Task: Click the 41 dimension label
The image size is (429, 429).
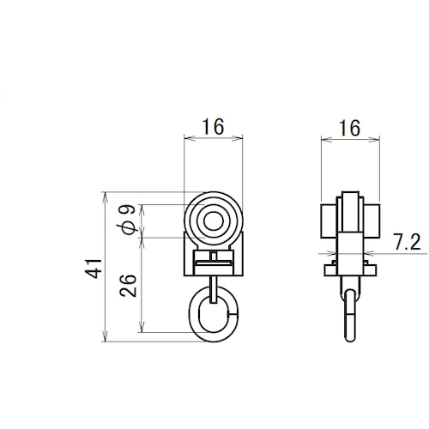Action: click(x=94, y=269)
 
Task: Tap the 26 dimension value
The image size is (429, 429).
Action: click(x=128, y=286)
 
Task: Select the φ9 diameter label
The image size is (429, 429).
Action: click(x=126, y=220)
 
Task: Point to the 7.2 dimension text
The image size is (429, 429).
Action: click(x=407, y=242)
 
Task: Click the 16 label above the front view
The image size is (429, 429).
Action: click(x=213, y=127)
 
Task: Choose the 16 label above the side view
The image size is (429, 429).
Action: click(x=349, y=128)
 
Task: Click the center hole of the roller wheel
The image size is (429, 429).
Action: click(x=214, y=221)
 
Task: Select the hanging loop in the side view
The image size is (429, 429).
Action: click(x=350, y=316)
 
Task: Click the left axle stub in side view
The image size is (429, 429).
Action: click(x=329, y=221)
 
